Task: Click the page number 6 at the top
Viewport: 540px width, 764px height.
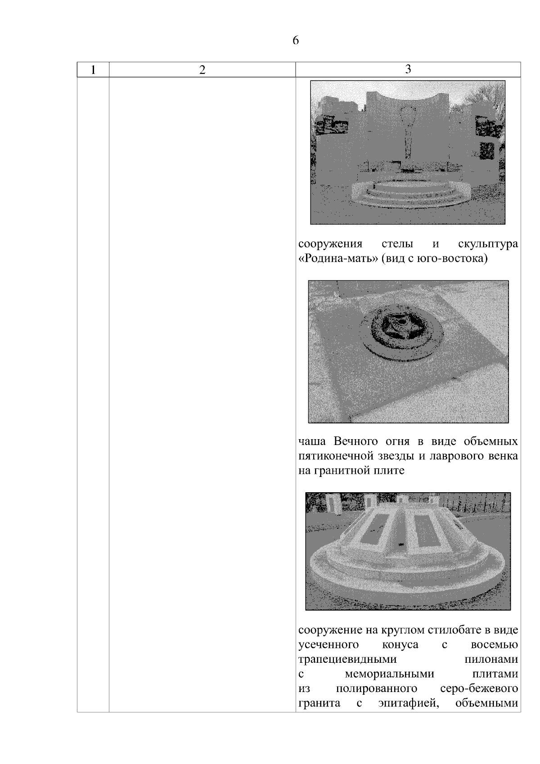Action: tap(295, 40)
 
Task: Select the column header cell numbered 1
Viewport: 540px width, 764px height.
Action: tap(93, 70)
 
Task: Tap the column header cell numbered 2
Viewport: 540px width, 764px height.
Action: tap(202, 70)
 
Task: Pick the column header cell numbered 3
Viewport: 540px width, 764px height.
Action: tap(408, 70)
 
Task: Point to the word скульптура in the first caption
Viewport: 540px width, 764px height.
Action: tap(488, 244)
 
